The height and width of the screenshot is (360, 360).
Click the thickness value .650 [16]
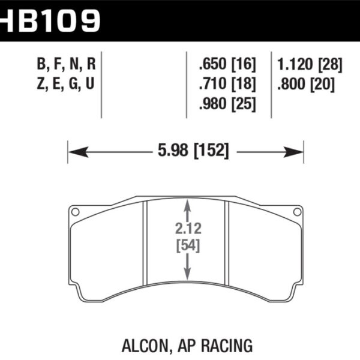227,65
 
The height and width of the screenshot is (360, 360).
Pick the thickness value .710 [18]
227,84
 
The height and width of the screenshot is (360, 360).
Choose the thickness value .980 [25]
227,104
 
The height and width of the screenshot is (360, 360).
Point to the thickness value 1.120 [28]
310,65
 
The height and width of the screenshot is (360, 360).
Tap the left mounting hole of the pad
75,211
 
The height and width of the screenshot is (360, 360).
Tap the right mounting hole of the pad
296,211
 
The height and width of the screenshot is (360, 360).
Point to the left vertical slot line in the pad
146,243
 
